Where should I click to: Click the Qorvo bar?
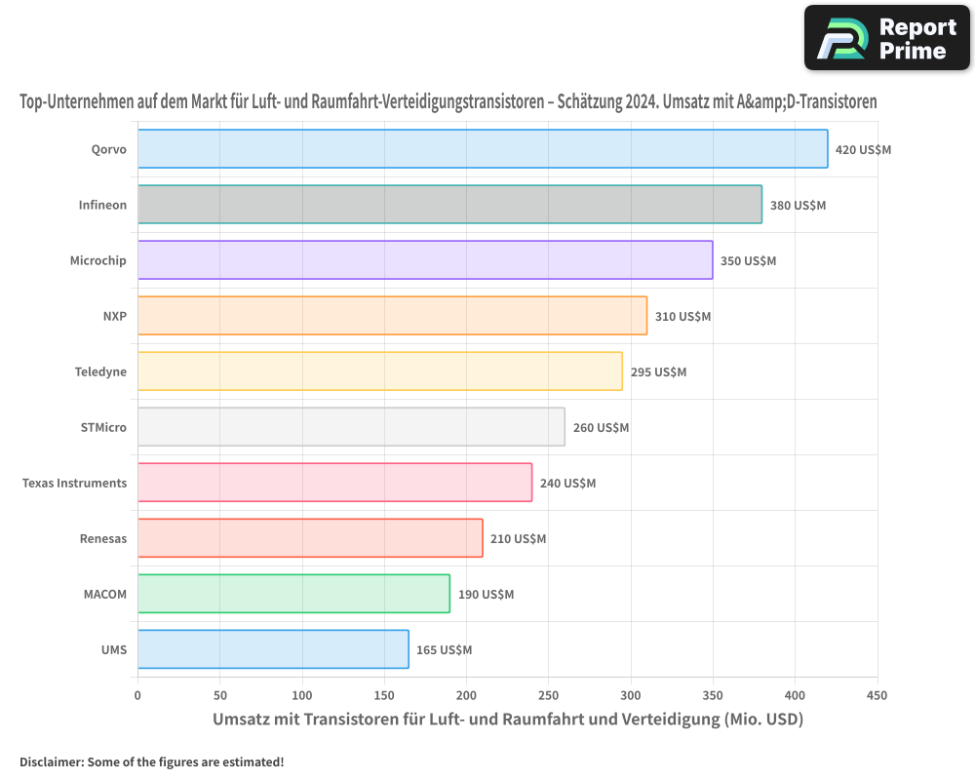click(483, 148)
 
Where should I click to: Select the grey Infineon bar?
click(449, 204)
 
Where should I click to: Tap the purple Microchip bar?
click(425, 260)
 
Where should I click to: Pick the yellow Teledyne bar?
click(380, 371)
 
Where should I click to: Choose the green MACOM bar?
click(293, 594)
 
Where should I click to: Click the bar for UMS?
click(273, 649)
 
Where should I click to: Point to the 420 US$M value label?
click(863, 150)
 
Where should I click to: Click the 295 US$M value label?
click(658, 371)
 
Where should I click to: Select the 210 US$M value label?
click(518, 538)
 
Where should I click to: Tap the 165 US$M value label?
click(444, 650)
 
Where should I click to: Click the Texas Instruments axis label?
click(75, 484)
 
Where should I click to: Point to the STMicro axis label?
click(103, 427)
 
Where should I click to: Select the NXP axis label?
click(115, 316)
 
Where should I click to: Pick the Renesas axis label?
click(103, 538)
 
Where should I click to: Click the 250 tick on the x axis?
click(548, 695)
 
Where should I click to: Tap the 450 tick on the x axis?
click(877, 695)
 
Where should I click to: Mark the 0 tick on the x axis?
click(138, 695)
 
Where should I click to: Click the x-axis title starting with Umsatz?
click(508, 719)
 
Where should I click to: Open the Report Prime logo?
click(887, 38)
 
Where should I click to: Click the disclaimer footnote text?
click(152, 761)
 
